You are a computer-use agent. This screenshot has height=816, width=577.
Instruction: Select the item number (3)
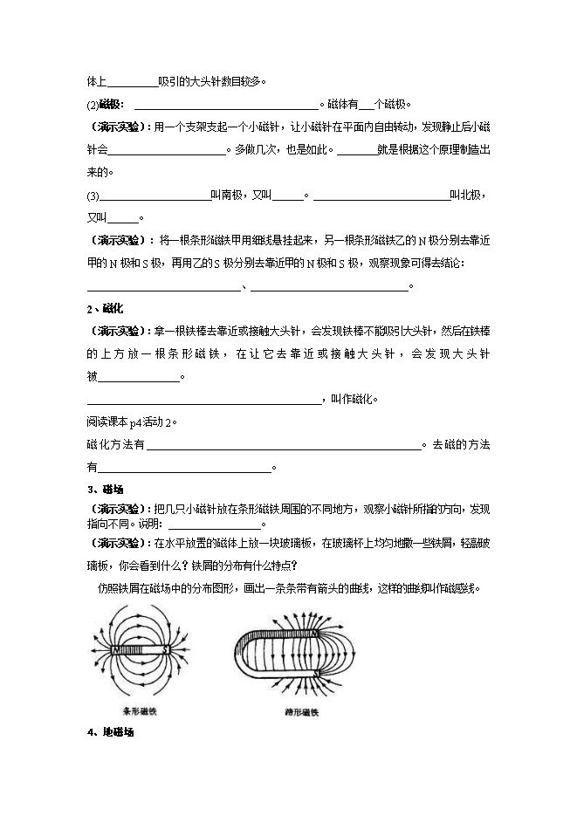pyautogui.click(x=94, y=195)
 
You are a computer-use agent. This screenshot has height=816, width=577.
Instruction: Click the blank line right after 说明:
pyautogui.click(x=214, y=525)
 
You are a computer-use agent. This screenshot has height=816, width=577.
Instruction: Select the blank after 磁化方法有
pyautogui.click(x=284, y=444)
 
